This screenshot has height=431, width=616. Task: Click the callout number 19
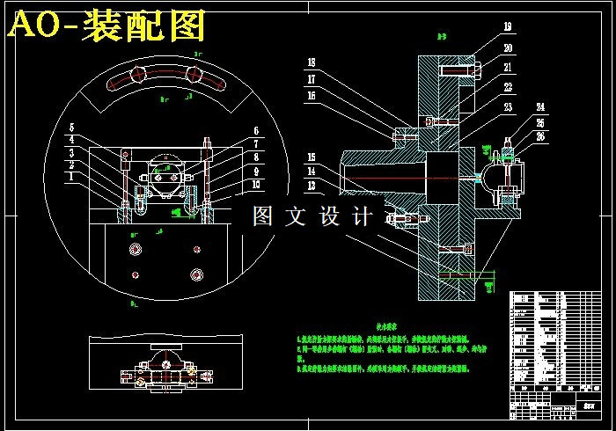(x=508, y=26)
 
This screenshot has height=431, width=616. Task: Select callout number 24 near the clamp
(x=539, y=106)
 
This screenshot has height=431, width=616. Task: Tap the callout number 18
(x=311, y=62)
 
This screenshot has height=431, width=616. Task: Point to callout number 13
(x=311, y=186)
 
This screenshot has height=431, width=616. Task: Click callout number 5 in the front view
(x=72, y=128)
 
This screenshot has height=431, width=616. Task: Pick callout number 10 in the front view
(x=256, y=184)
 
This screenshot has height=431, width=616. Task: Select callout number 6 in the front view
(x=256, y=131)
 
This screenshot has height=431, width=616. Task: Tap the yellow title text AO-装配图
(x=106, y=26)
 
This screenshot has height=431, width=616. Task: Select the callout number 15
(x=311, y=157)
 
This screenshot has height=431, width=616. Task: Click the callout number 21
(x=508, y=67)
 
